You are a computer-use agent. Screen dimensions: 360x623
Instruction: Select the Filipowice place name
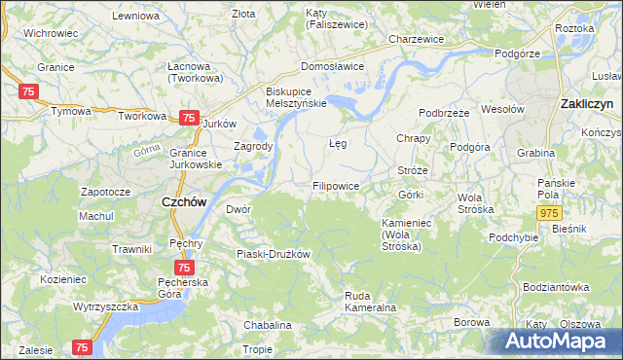click(336, 185)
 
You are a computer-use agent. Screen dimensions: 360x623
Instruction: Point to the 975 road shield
click(549, 212)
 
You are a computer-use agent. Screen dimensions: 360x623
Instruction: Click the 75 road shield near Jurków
click(187, 118)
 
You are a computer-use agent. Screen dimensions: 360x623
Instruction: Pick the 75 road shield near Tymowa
click(27, 90)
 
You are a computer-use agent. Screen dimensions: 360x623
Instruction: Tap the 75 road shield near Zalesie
click(82, 346)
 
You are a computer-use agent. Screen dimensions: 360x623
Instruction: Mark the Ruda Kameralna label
click(369, 302)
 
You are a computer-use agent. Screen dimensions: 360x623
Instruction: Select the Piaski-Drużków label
click(273, 254)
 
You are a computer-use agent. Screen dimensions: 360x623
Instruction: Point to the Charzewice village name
click(416, 39)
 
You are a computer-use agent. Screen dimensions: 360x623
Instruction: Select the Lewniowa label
click(135, 17)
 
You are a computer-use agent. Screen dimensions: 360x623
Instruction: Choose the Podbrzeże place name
click(446, 113)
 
